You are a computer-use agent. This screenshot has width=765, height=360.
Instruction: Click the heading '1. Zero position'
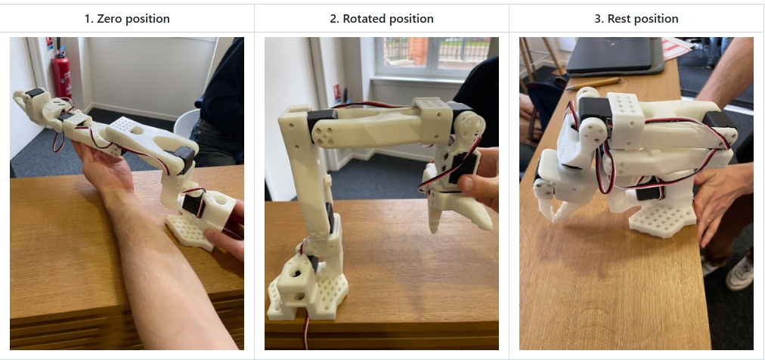click(x=127, y=19)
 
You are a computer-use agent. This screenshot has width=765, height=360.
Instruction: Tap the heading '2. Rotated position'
click(x=382, y=19)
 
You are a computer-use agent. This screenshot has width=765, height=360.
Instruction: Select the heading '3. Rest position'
click(x=636, y=19)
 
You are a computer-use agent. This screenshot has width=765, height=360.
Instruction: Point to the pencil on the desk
click(x=593, y=83)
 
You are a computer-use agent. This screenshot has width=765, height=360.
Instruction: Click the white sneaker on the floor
click(x=739, y=273)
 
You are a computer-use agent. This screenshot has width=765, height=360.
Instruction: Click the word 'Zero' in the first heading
click(x=109, y=19)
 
